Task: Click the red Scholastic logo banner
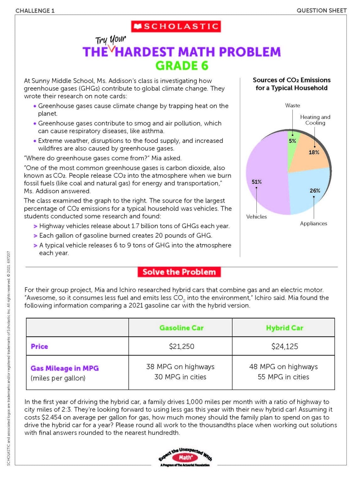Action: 176,26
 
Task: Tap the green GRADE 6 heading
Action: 182,66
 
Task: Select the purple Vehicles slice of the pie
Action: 267,176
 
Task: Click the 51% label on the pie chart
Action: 256,182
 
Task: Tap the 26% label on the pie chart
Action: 314,190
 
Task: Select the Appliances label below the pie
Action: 313,223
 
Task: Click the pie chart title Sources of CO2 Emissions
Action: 291,84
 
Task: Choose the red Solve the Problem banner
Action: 179,272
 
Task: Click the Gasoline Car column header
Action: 181,328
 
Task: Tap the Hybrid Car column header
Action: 284,328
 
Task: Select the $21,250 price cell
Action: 181,346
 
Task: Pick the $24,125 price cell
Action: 284,346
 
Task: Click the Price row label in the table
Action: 39,346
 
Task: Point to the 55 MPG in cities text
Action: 283,377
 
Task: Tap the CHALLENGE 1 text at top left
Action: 35,11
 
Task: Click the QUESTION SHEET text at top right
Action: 321,11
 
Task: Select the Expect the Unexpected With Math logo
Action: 185,458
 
